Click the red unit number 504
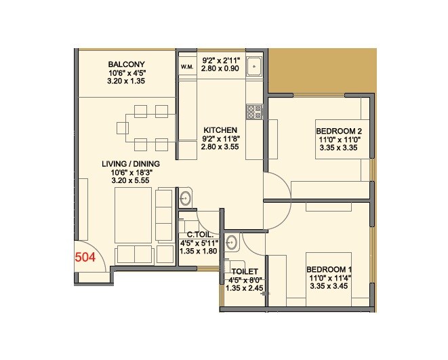click(x=85, y=257)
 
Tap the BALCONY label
click(x=127, y=64)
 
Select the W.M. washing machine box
click(x=187, y=66)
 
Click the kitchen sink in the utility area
click(x=255, y=66)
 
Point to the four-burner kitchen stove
click(x=253, y=111)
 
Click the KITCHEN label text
click(x=220, y=130)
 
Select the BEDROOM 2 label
click(x=339, y=132)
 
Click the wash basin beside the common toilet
click(x=185, y=199)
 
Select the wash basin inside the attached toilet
click(x=232, y=241)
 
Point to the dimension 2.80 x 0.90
click(x=221, y=68)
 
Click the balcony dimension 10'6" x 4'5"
click(x=127, y=73)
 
